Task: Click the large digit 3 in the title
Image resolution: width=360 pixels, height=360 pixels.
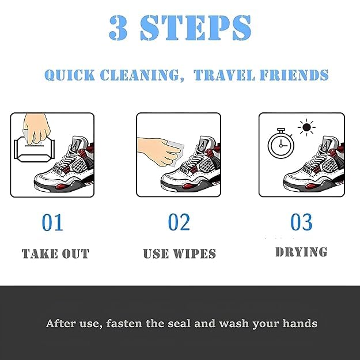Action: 118,28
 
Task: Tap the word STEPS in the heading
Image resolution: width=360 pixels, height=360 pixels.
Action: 195,28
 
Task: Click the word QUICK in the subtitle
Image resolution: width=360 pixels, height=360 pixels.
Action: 70,75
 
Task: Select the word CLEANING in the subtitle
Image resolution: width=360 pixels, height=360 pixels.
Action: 140,75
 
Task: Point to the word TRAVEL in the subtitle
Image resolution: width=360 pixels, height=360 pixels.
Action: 224,75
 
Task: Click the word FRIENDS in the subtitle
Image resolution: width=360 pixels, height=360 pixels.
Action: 294,75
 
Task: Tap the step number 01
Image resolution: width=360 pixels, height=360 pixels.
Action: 52,222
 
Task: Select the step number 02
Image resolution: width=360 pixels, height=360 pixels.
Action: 179,222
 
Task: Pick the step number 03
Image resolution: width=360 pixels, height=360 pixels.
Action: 301,222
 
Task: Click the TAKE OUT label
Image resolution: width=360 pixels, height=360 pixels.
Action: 55,253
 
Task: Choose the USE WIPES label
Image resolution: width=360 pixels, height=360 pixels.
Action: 179,253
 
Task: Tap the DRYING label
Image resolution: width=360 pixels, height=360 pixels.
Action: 301,252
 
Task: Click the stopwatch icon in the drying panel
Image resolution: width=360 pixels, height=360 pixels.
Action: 281,143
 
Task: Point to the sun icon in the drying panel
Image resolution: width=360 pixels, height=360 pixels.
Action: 306,127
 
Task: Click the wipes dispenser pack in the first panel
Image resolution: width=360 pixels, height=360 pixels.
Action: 35,150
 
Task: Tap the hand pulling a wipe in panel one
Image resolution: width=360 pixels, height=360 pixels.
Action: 37,128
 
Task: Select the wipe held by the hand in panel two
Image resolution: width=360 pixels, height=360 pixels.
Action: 175,153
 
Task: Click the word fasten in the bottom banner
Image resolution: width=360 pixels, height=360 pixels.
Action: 124,324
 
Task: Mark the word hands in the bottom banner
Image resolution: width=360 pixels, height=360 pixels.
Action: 300,324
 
